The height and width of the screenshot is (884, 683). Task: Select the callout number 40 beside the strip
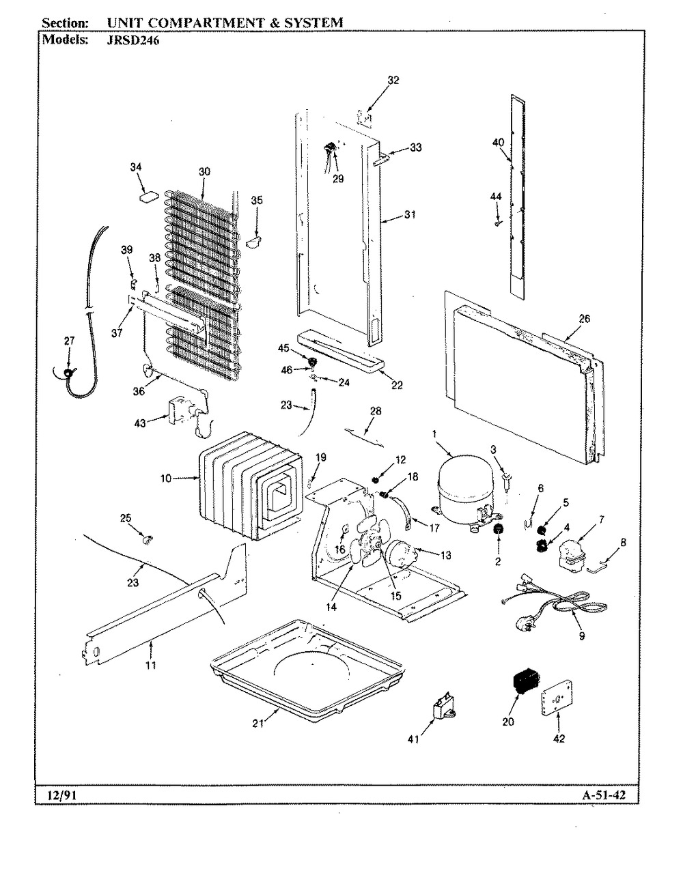click(x=497, y=142)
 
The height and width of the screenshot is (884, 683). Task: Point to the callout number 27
click(x=69, y=341)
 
